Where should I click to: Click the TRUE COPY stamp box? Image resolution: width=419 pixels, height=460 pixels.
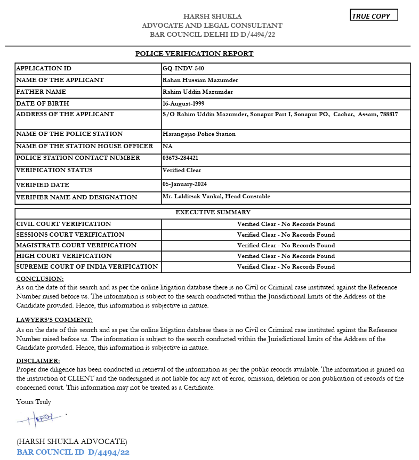coord(374,15)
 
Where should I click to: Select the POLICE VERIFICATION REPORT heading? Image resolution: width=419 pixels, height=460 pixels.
coord(195,53)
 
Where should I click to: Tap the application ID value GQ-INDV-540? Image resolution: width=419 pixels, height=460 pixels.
coord(183,69)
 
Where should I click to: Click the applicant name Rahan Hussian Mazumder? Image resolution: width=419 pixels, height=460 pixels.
coord(200,80)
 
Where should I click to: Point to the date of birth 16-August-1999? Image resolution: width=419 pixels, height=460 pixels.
coord(183,103)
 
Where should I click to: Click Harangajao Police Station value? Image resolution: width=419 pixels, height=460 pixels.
coord(199,134)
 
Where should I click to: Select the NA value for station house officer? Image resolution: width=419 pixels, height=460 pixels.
coord(167,146)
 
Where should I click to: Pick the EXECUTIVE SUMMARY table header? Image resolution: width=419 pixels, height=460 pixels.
coord(213,213)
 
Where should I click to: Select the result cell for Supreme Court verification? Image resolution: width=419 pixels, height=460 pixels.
coord(286,267)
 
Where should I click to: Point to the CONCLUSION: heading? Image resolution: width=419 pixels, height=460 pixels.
coord(40,279)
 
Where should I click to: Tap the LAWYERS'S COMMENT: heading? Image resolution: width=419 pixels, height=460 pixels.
coord(54,320)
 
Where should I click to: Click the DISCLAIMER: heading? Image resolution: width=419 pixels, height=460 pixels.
coord(38,361)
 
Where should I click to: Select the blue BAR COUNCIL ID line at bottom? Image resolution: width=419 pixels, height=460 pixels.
coord(73,452)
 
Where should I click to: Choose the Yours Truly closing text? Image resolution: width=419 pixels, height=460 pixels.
coord(34,401)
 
